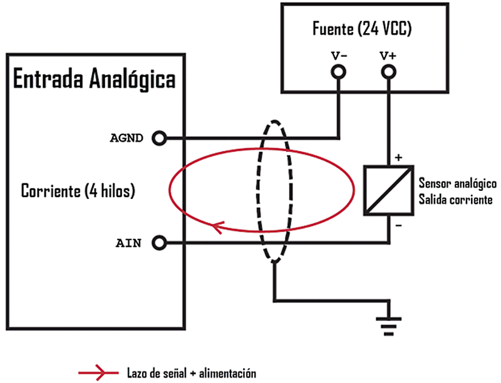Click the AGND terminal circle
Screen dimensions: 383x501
pos(160,138)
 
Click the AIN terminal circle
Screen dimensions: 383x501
pos(160,242)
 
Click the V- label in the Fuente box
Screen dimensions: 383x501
pos(339,55)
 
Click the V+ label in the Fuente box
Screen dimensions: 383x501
pos(388,55)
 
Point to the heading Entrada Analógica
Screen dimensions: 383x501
pos(94,80)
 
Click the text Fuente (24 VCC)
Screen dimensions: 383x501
pos(361,29)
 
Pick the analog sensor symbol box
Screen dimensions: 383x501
pos(389,190)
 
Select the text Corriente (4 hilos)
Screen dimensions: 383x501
pos(78,190)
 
